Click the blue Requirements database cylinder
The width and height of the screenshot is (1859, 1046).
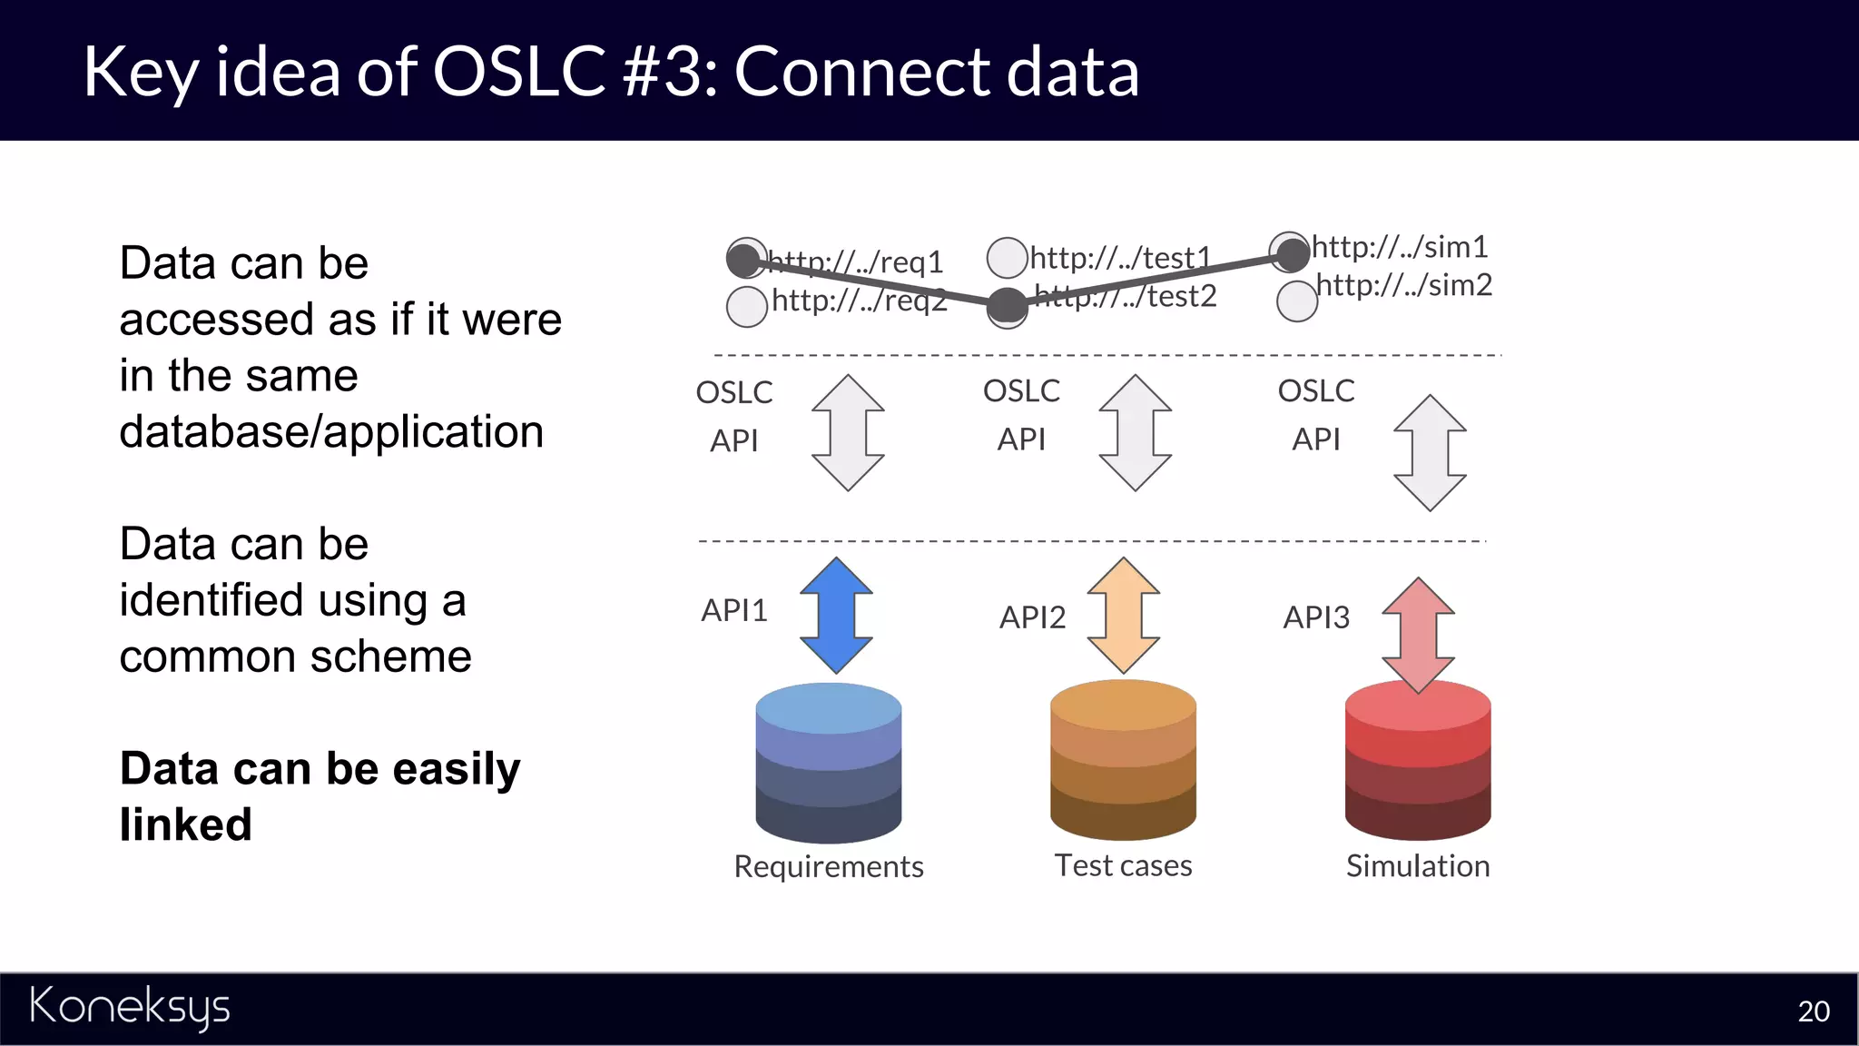pyautogui.click(x=828, y=765)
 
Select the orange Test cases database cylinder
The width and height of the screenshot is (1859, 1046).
pyautogui.click(x=1123, y=761)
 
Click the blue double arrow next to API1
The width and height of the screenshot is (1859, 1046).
pyautogui.click(x=836, y=616)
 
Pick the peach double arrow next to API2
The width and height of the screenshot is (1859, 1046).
pyautogui.click(x=1124, y=616)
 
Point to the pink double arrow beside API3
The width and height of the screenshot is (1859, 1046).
pyautogui.click(x=1418, y=635)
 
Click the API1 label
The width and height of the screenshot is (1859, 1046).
pyautogui.click(x=733, y=610)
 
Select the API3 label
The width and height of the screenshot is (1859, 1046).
pyautogui.click(x=1315, y=617)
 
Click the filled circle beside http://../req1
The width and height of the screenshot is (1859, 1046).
pyautogui.click(x=745, y=259)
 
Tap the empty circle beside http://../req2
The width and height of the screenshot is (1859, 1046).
pyautogui.click(x=747, y=307)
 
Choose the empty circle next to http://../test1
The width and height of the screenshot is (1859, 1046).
pyautogui.click(x=1007, y=258)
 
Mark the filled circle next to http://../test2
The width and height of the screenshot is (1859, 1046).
pyautogui.click(x=1007, y=306)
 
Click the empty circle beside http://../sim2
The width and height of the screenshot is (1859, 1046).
pyautogui.click(x=1296, y=301)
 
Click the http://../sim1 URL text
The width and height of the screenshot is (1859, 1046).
pyautogui.click(x=1400, y=247)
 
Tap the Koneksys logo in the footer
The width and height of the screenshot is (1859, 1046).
pyautogui.click(x=130, y=1007)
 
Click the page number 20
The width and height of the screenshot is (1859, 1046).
pyautogui.click(x=1813, y=1011)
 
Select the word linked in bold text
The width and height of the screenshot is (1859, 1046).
pyautogui.click(x=186, y=824)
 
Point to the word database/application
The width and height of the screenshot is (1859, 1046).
pyautogui.click(x=331, y=431)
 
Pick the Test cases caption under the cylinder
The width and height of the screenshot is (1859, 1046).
pyautogui.click(x=1123, y=865)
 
